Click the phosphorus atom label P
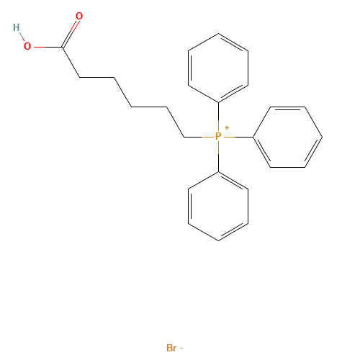coord(218,136)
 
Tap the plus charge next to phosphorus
coord(227,127)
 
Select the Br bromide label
coord(171,348)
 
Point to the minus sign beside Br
coord(181,348)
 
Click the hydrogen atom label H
coord(17,27)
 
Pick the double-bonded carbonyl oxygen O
coord(79,16)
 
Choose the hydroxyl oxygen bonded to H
coord(27,46)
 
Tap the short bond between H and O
coord(22,36)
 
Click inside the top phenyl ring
coord(218,68)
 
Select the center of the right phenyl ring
coord(287,137)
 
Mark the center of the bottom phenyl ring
coord(218,206)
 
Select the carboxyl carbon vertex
coord(62,47)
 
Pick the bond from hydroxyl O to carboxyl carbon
coord(48,47)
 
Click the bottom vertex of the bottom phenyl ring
coord(218,240)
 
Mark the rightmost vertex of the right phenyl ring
coord(323,137)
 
